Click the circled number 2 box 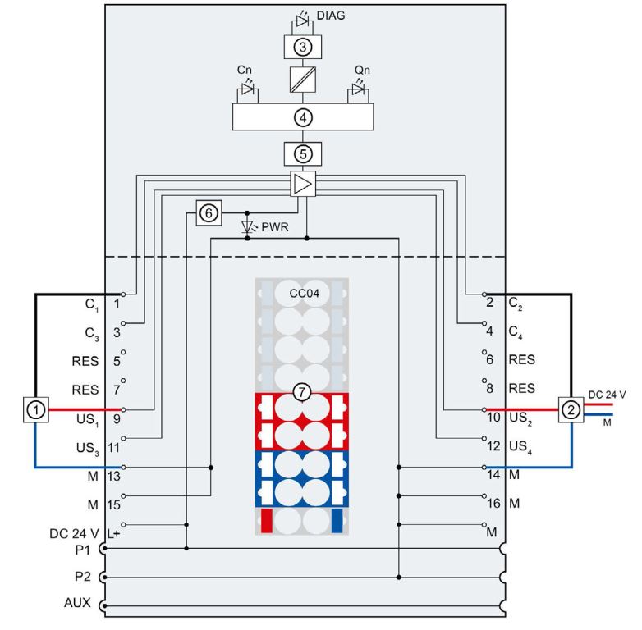click(x=569, y=409)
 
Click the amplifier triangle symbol click(x=304, y=185)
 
